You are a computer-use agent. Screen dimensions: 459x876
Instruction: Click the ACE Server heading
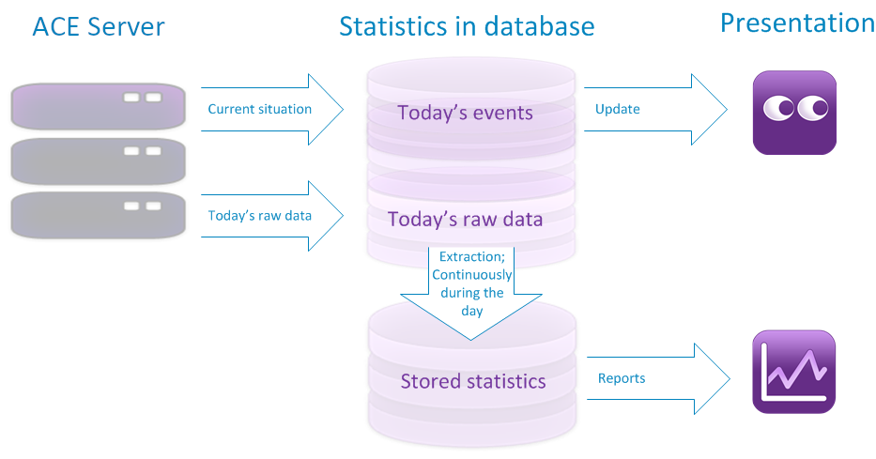click(x=99, y=27)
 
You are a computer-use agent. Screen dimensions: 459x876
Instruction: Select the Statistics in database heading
click(x=467, y=26)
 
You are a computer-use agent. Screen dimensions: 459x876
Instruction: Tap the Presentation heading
click(x=797, y=23)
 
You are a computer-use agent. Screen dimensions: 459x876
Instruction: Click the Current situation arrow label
click(x=259, y=109)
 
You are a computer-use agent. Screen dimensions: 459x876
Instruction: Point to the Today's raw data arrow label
click(x=259, y=216)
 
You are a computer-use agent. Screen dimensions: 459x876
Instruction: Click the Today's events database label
click(x=465, y=114)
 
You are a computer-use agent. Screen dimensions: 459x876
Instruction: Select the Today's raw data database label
click(x=465, y=220)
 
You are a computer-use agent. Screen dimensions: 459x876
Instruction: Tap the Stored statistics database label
click(x=472, y=381)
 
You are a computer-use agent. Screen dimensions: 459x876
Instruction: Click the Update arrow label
click(x=617, y=109)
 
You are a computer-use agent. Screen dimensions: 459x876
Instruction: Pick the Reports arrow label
click(x=621, y=378)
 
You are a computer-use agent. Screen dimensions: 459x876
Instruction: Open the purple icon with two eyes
click(x=794, y=113)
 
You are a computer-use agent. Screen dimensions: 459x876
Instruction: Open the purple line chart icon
click(x=794, y=372)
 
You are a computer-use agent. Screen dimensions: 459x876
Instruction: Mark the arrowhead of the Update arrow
click(x=710, y=110)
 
